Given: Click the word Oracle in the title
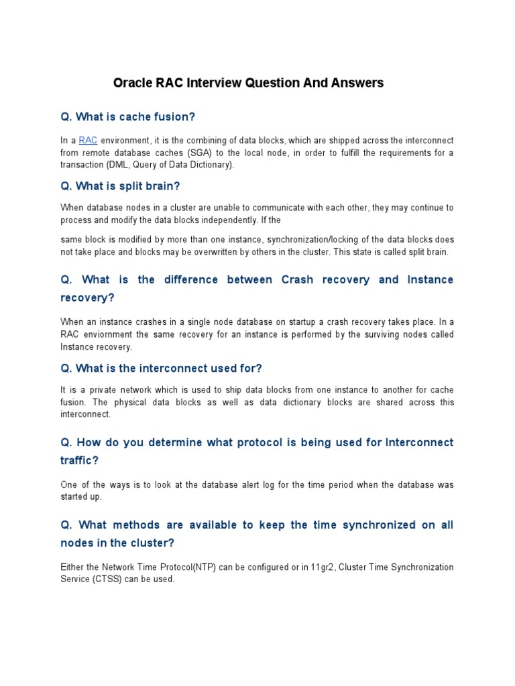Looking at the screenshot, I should pyautogui.click(x=132, y=83).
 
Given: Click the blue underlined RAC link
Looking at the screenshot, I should pyautogui.click(x=88, y=140).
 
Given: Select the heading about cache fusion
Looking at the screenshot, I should pyautogui.click(x=127, y=117).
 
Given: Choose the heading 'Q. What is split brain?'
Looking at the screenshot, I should pyautogui.click(x=120, y=186).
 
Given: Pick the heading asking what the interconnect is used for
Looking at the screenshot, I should pyautogui.click(x=161, y=368).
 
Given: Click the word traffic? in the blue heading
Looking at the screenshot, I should pyautogui.click(x=80, y=460).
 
